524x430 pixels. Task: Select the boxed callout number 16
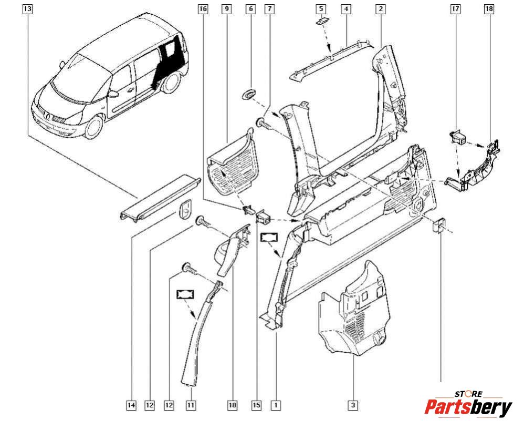tap(203, 9)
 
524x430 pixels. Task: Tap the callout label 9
tap(227, 9)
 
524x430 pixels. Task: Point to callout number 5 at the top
tap(321, 9)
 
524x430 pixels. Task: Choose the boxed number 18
tap(490, 9)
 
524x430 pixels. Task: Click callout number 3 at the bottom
tap(353, 405)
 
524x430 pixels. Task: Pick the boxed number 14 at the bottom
tap(131, 405)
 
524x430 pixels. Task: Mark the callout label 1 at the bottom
tap(276, 405)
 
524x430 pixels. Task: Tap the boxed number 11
tap(191, 405)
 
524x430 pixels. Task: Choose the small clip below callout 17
tap(458, 137)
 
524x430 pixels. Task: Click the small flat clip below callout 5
tap(321, 22)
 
